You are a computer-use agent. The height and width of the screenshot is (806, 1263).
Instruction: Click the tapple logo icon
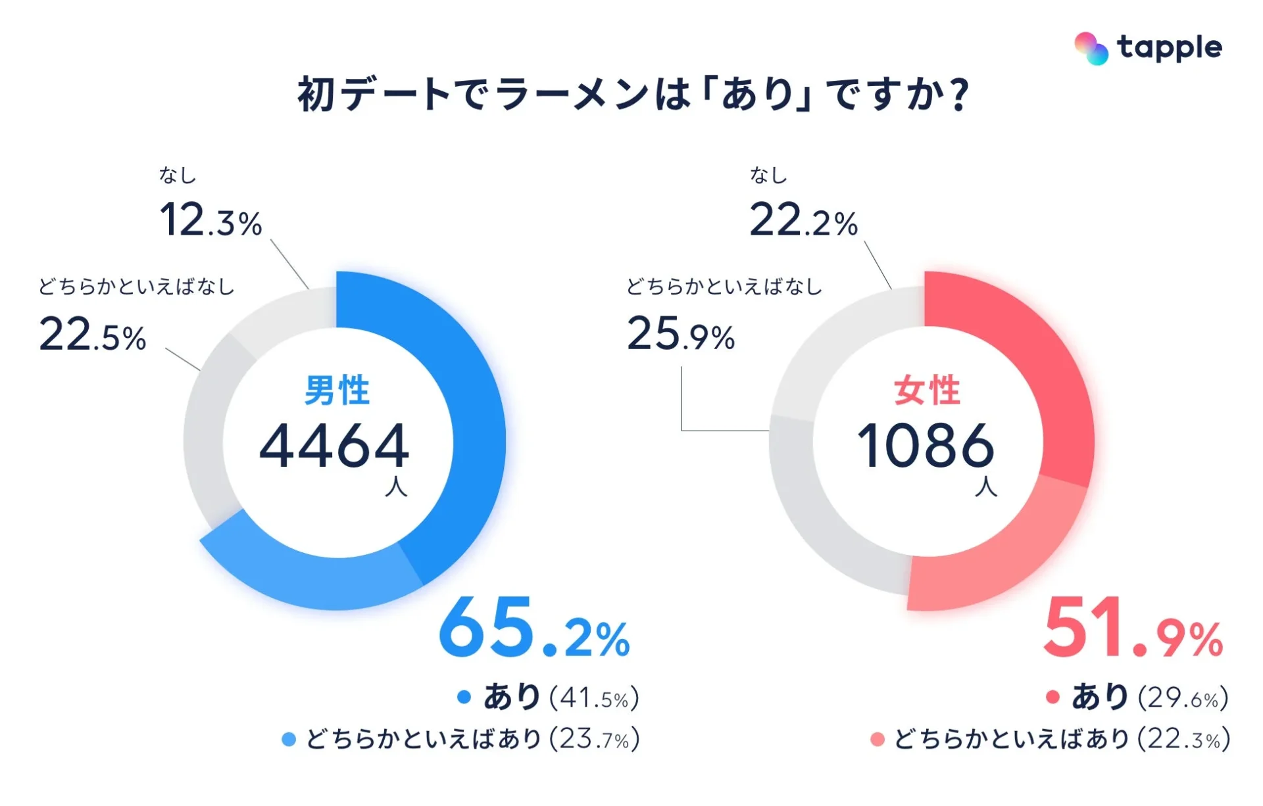tap(1091, 48)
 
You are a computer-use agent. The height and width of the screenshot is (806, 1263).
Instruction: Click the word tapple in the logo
tap(1170, 48)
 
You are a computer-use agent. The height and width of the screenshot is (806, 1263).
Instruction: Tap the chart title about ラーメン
tap(633, 94)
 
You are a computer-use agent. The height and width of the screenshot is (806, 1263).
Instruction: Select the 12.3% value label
tap(210, 220)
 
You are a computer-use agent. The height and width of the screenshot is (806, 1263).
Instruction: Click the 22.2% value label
tap(803, 220)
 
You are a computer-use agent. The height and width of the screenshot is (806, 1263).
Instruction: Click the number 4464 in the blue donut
tap(334, 446)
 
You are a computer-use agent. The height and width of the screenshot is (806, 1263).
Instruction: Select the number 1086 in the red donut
tap(925, 446)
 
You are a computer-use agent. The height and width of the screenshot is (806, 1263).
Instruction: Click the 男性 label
tap(337, 390)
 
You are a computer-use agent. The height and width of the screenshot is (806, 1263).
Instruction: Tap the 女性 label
tap(927, 390)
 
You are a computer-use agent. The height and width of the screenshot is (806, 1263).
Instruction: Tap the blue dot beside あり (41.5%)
tap(464, 697)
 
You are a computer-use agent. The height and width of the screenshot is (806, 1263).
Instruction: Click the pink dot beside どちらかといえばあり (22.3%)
tap(877, 740)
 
